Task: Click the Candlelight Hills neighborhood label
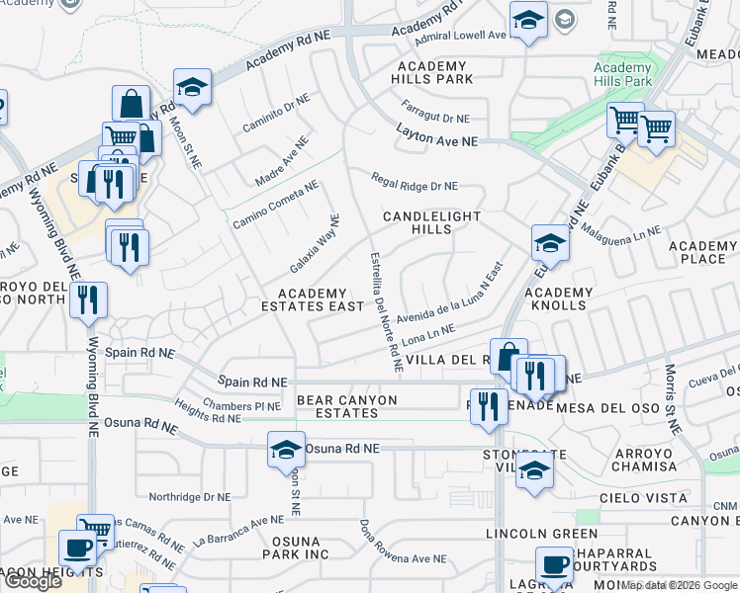click(431, 222)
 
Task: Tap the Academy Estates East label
click(320, 300)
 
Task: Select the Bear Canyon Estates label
click(346, 407)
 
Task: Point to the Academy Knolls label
click(558, 299)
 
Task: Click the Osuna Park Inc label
click(295, 548)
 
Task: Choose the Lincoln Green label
click(529, 534)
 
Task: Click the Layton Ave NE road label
click(437, 137)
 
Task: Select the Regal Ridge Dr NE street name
click(415, 183)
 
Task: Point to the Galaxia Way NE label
click(315, 245)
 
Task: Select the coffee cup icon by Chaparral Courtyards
click(554, 565)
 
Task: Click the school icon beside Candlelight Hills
click(550, 243)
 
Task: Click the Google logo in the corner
click(33, 581)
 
